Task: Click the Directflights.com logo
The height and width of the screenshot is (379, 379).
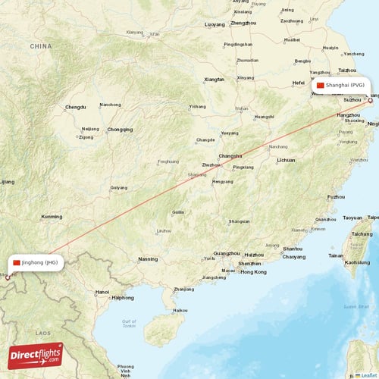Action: point(36,354)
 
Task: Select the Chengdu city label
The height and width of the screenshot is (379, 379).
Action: point(76,108)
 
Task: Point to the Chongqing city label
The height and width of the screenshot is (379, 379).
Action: point(120,130)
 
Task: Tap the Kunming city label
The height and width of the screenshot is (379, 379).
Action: point(52,217)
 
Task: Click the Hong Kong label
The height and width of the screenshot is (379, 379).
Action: point(254,271)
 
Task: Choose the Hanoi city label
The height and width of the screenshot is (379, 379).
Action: point(102,291)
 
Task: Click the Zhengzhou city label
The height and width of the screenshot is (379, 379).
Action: point(243,23)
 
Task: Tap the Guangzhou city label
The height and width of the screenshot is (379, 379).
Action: point(227,253)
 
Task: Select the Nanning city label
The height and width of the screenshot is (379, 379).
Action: point(148,259)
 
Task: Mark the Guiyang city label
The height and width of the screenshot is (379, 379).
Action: point(119,187)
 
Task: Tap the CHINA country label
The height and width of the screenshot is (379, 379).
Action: point(41,46)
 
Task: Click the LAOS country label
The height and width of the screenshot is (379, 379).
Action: point(42,333)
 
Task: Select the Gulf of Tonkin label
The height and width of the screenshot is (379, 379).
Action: point(129,324)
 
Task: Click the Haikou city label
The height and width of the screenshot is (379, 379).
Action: point(180,310)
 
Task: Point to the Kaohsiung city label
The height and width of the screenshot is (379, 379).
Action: point(357,262)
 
